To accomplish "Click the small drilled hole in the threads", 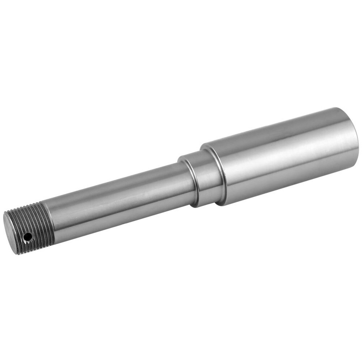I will click(x=27, y=236).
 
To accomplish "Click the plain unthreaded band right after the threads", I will click(x=57, y=222).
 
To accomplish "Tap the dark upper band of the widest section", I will click(x=279, y=128).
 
